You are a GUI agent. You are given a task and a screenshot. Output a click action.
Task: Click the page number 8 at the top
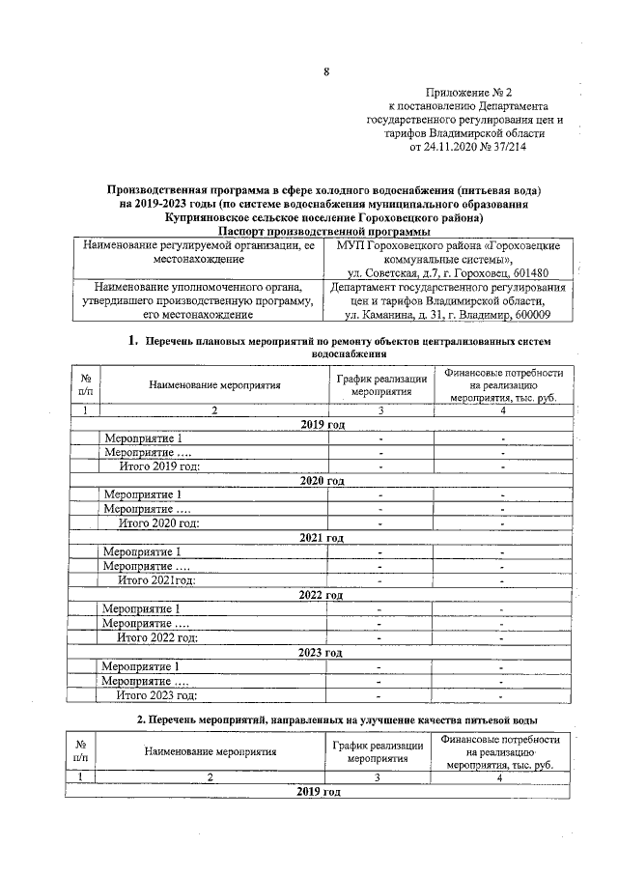tap(325, 72)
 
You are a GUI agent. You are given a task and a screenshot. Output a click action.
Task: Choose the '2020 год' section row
tap(323, 481)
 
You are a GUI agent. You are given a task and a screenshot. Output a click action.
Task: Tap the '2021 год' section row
tap(323, 538)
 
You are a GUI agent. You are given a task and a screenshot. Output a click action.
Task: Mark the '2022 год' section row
tap(323, 595)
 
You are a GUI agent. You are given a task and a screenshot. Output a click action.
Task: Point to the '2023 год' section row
tap(323, 653)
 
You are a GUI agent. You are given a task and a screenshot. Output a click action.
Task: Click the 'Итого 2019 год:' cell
tap(159, 466)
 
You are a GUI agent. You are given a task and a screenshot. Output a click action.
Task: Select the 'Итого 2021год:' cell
tap(157, 580)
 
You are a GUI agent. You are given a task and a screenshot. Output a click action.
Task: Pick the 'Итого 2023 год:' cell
tap(158, 694)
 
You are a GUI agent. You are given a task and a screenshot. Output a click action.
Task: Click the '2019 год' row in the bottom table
tap(319, 792)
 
